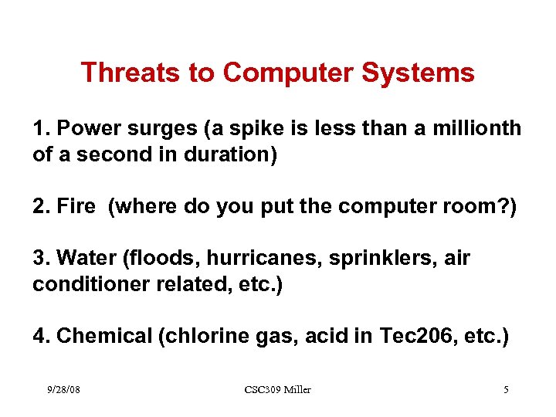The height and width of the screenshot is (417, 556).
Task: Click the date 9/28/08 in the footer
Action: [63, 389]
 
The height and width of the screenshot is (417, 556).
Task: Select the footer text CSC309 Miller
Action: [277, 389]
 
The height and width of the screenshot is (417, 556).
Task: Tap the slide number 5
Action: [506, 389]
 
